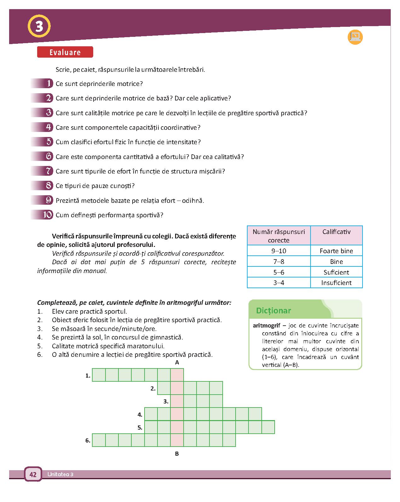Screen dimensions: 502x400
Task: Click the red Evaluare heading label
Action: tap(65, 52)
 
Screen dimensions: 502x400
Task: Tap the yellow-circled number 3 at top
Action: tap(39, 26)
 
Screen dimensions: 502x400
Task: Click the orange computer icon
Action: tap(355, 37)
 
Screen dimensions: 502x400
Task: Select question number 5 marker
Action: tap(49, 142)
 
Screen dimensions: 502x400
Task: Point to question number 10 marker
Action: tap(48, 215)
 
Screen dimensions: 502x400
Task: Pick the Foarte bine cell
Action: tap(336, 251)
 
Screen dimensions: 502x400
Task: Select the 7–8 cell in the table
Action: tap(279, 262)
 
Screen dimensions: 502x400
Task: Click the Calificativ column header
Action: tap(336, 232)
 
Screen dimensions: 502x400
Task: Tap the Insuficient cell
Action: tap(336, 283)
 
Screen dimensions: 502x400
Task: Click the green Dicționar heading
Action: tap(273, 311)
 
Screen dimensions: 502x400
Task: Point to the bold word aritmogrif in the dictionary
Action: tap(266, 326)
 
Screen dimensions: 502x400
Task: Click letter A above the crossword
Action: tap(177, 362)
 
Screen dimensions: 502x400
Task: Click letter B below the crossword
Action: tap(177, 454)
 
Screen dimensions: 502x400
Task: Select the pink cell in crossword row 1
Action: tap(177, 375)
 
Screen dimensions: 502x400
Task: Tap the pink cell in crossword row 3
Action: tap(177, 401)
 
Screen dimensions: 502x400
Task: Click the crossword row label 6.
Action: tap(88, 441)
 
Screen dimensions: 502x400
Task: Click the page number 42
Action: tap(33, 474)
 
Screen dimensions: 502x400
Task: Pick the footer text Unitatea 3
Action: tap(60, 475)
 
